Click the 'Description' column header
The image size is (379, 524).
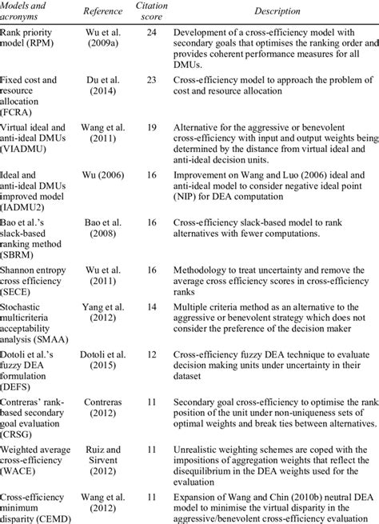pyautogui.click(x=273, y=12)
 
